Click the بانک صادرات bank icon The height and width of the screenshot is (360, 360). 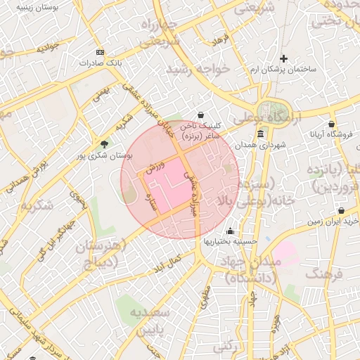pyautogui.click(x=101, y=52)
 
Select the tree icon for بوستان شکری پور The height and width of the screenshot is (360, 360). pyautogui.click(x=105, y=144)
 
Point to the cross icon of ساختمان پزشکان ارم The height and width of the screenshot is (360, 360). pyautogui.click(x=283, y=58)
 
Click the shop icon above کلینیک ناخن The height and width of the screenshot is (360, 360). pyautogui.click(x=201, y=115)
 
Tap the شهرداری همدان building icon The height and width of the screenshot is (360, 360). pyautogui.click(x=260, y=134)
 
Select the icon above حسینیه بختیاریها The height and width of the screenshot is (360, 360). pyautogui.click(x=230, y=231)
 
